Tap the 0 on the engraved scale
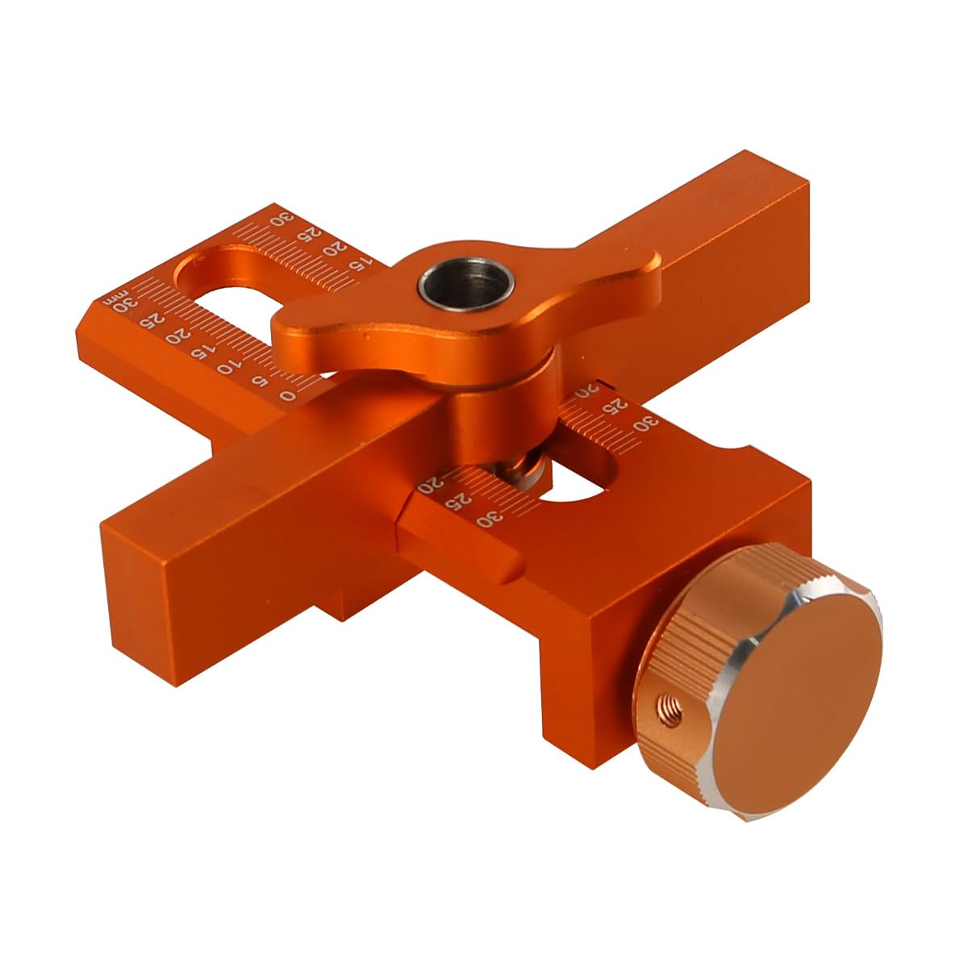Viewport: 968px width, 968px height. tap(287, 396)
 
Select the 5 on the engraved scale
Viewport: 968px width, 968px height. tap(261, 382)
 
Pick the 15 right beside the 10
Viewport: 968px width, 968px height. tap(198, 353)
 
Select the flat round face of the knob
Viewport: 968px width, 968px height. tap(799, 699)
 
